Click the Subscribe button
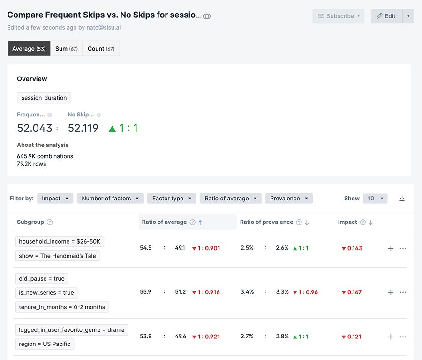(x=338, y=16)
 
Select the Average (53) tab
(x=29, y=49)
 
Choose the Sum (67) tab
(x=66, y=49)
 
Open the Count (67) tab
(x=101, y=49)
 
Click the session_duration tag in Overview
(x=44, y=98)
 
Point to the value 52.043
(x=35, y=128)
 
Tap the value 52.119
(x=83, y=128)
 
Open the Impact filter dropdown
(x=55, y=199)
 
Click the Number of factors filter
(x=110, y=199)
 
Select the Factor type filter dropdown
(x=172, y=199)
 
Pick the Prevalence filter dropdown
(x=289, y=199)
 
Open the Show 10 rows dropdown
(x=375, y=199)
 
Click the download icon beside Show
(x=402, y=199)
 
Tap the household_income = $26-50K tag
(x=60, y=242)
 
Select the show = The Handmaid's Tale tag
(x=57, y=256)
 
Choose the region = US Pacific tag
(x=45, y=344)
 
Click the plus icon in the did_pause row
(x=391, y=292)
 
